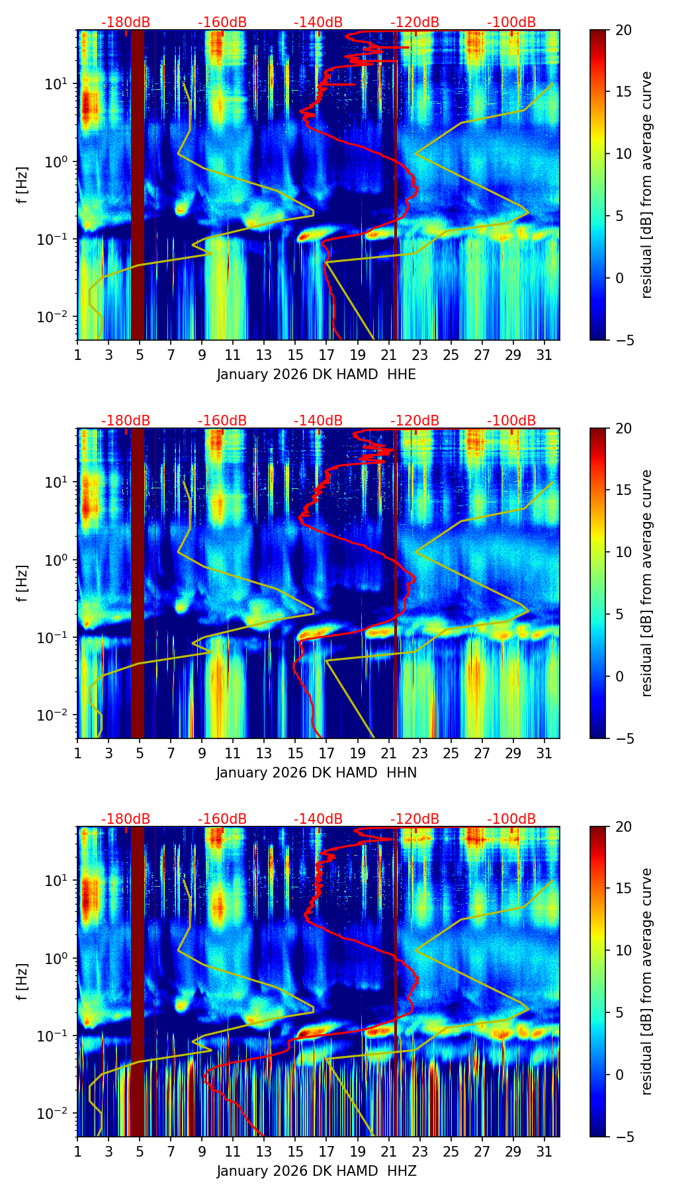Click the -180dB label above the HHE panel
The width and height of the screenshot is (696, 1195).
(126, 22)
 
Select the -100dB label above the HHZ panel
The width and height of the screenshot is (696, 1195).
(511, 819)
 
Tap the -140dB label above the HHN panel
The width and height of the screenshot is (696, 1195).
(318, 421)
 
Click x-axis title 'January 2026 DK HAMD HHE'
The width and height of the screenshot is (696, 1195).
(316, 375)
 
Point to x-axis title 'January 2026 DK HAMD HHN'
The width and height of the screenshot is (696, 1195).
(316, 773)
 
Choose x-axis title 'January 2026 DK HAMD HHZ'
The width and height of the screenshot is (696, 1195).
(316, 1171)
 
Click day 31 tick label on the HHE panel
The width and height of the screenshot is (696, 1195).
(544, 356)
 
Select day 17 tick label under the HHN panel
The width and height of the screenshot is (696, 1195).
(327, 754)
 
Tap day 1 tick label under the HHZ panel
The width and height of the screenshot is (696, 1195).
(77, 1153)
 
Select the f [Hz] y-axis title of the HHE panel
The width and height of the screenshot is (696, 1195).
(23, 185)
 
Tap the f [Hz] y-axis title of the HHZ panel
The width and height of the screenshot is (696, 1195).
(23, 981)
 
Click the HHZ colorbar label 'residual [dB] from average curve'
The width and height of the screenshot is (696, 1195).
(647, 981)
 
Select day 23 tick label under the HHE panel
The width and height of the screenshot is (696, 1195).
(420, 356)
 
